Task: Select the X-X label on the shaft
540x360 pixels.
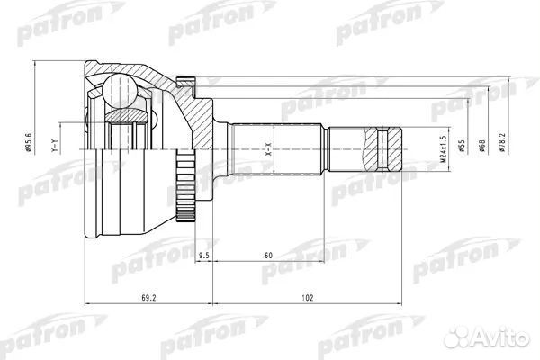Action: [x=267, y=154]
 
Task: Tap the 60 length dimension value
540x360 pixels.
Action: [x=268, y=256]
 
